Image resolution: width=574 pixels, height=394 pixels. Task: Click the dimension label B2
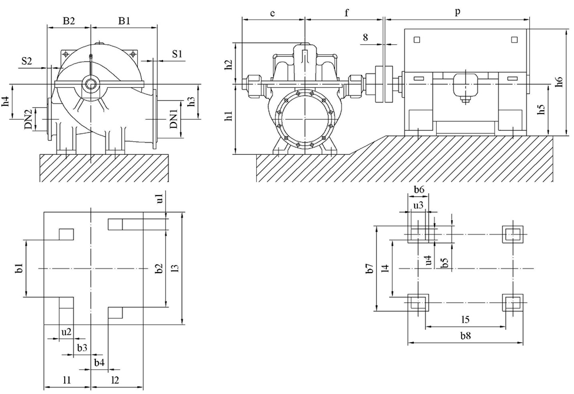[x=69, y=21]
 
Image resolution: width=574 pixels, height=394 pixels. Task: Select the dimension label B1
[x=124, y=21]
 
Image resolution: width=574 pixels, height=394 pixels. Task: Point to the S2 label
[x=26, y=61]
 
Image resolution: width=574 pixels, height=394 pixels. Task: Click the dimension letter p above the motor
[x=458, y=12]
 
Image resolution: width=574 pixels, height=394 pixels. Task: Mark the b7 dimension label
[x=370, y=269]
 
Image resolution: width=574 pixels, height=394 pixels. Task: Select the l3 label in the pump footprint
[x=174, y=268]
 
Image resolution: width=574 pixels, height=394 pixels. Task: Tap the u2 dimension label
[x=67, y=332]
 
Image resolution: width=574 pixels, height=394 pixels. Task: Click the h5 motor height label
[x=541, y=110]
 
